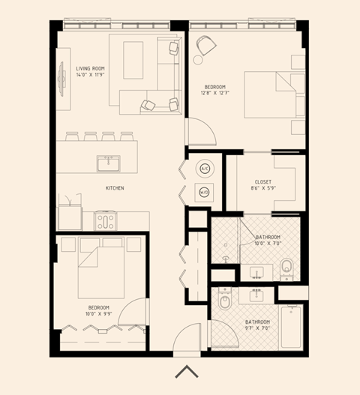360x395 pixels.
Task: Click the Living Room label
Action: [x=90, y=68]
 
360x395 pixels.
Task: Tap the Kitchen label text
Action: [x=115, y=187]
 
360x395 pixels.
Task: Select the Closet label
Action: [x=263, y=181]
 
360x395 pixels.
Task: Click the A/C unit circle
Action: [x=204, y=169]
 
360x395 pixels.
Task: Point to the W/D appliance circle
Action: [x=204, y=192]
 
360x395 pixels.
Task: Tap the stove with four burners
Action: [x=106, y=221]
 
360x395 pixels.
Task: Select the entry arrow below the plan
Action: [x=186, y=371]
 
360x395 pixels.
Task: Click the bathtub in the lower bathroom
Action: [x=291, y=327]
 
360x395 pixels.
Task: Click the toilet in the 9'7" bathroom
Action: [x=224, y=303]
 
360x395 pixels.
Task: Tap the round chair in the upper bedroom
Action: [x=204, y=47]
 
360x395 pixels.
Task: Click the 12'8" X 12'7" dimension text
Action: [x=216, y=93]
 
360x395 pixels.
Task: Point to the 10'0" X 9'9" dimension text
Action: [x=98, y=315]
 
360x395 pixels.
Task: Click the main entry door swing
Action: [x=187, y=336]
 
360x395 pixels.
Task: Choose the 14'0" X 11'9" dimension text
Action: [x=90, y=75]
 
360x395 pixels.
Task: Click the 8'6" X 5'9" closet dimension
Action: [x=263, y=188]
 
